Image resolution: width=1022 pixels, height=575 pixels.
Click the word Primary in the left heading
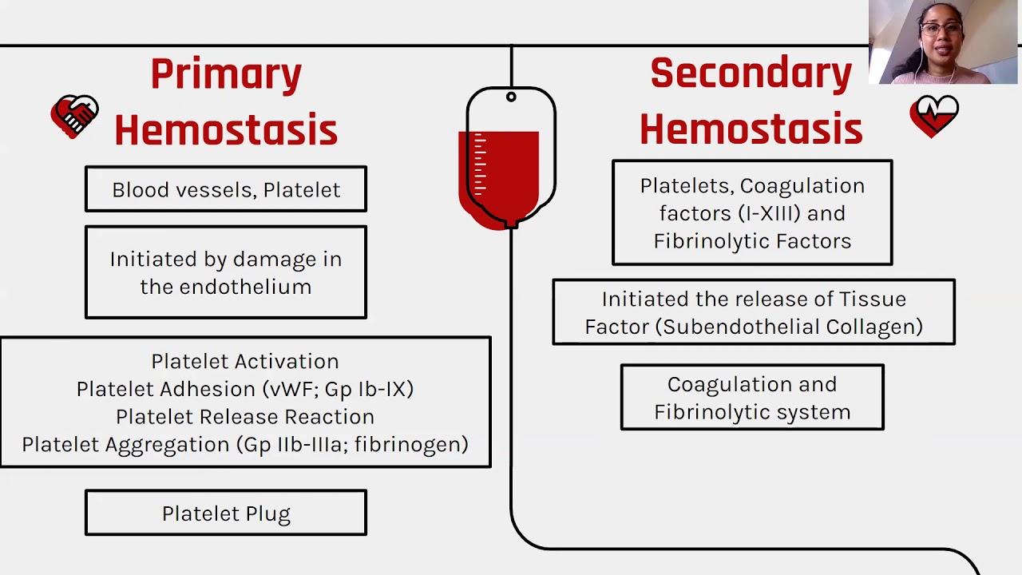226,74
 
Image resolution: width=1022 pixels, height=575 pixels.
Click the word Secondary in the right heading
751,73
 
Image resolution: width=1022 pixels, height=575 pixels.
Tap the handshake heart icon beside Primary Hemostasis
74,117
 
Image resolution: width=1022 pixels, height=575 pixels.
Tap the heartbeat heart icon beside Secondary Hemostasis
933,116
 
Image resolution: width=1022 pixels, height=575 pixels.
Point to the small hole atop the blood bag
511,97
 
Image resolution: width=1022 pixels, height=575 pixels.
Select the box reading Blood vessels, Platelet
226,190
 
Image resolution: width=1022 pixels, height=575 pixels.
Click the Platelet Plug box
226,514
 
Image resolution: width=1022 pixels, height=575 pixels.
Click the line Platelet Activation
245,361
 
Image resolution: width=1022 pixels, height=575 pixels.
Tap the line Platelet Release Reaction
245,417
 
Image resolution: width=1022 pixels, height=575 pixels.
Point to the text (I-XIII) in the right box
769,213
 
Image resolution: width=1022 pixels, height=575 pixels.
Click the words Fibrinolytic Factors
752,241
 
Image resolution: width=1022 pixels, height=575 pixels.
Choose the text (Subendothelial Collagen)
793,327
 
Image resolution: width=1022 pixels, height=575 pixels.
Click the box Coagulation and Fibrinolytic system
752,398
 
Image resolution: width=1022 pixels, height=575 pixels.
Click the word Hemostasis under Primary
226,130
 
